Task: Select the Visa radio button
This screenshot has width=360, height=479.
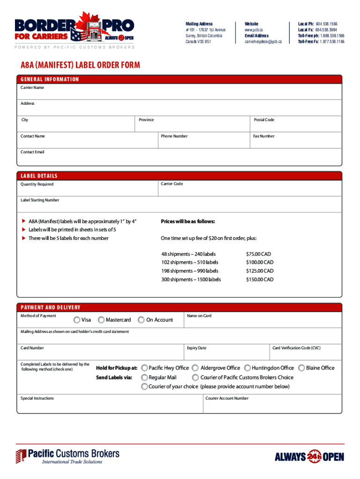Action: (x=77, y=320)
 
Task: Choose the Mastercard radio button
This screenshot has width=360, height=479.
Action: (x=101, y=320)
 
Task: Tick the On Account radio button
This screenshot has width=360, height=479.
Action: (x=141, y=320)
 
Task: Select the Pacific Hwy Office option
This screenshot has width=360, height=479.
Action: (x=145, y=368)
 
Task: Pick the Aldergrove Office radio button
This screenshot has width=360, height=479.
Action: (x=196, y=368)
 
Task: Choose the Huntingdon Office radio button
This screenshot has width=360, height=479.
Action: (x=248, y=368)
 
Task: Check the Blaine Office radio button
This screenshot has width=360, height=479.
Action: (x=302, y=368)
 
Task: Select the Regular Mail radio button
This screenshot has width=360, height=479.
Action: (x=145, y=377)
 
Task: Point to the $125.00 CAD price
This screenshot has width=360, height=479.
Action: (x=259, y=271)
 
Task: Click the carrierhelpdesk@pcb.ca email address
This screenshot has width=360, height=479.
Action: (x=263, y=42)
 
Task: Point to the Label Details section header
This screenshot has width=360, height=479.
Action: (x=39, y=176)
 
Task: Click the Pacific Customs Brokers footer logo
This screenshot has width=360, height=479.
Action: (x=68, y=456)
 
